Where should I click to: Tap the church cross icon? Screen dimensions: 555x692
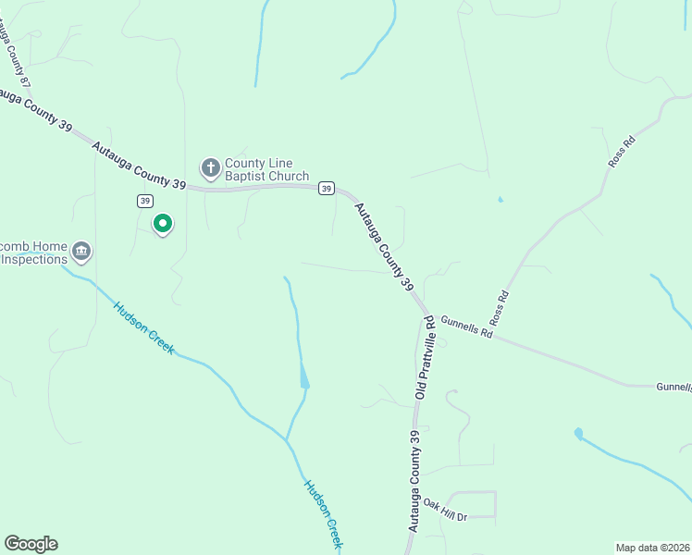(210, 168)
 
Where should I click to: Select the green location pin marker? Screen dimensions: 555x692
(163, 224)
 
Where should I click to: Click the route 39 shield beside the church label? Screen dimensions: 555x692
(326, 189)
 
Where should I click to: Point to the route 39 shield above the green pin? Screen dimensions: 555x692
(144, 201)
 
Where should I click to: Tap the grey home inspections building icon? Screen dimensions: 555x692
(81, 251)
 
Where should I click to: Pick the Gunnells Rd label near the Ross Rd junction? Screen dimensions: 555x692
(466, 327)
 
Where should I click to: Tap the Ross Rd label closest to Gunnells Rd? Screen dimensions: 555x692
(500, 309)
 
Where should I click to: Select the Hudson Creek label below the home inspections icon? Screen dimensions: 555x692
(143, 327)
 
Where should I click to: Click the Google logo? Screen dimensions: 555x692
(31, 544)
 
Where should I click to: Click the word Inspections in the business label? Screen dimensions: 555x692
(34, 259)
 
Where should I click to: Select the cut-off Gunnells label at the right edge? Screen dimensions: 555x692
(673, 387)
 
